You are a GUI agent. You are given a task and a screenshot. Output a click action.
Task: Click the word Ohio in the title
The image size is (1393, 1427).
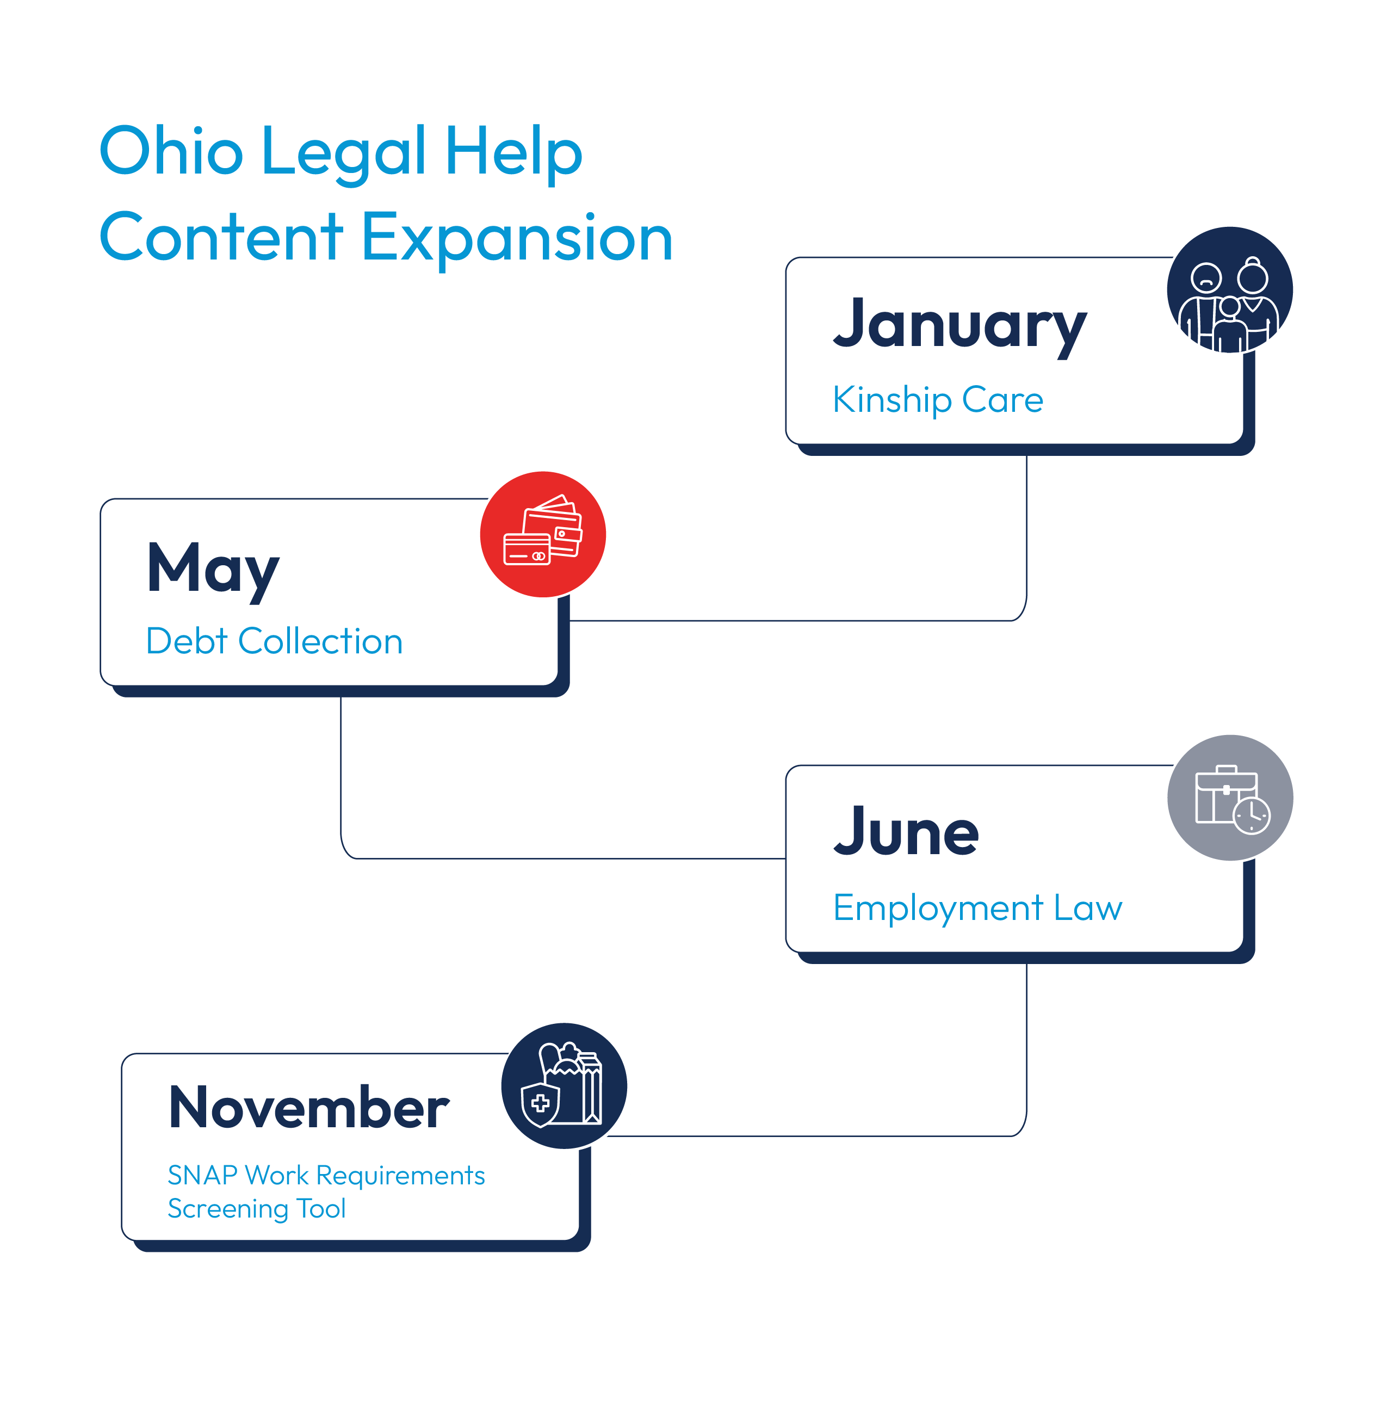171,151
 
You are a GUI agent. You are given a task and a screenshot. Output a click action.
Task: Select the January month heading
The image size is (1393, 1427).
960,326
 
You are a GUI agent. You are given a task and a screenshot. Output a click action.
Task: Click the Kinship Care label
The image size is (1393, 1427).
938,399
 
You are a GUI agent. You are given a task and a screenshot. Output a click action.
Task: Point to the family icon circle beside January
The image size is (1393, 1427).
1230,290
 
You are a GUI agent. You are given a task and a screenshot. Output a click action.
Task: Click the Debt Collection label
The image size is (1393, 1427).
274,641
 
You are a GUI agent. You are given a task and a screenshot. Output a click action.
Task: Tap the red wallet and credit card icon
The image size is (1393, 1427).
543,534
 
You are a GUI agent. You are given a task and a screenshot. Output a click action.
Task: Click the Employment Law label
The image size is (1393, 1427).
977,908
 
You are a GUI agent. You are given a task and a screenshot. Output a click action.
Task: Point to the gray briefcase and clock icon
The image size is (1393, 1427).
1230,798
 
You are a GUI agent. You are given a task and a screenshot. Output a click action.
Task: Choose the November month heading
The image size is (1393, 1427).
309,1107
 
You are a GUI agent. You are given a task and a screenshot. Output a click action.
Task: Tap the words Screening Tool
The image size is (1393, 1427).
257,1209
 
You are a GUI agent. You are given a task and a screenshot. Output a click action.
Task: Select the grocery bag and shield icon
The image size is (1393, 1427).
564,1086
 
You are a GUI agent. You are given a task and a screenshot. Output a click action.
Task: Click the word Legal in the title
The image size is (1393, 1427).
343,153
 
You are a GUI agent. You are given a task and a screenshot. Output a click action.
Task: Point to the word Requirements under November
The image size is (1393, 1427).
400,1177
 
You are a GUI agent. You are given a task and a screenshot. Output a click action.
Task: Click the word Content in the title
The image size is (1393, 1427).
221,237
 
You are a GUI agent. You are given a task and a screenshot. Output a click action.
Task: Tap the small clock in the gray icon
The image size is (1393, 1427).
1252,814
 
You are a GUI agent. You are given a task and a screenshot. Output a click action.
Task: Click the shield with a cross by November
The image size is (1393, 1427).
540,1105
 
